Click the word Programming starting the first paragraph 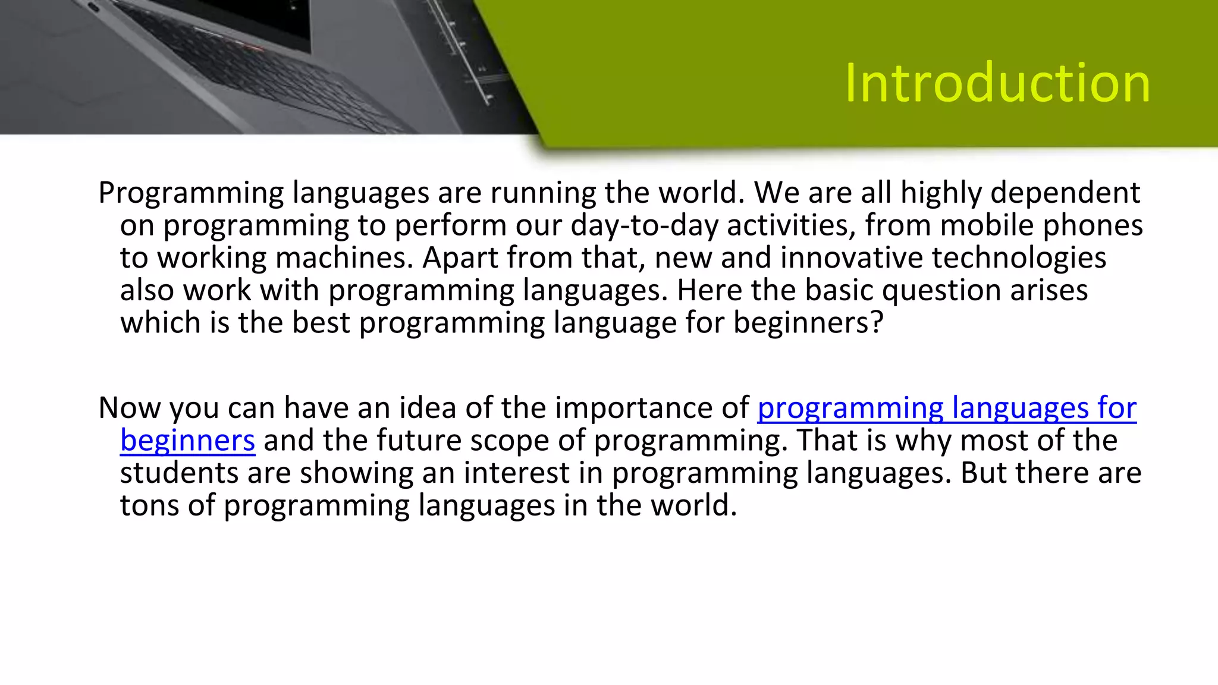191,194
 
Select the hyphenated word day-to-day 644,226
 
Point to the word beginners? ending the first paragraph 808,323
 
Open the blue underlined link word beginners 187,441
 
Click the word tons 149,505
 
